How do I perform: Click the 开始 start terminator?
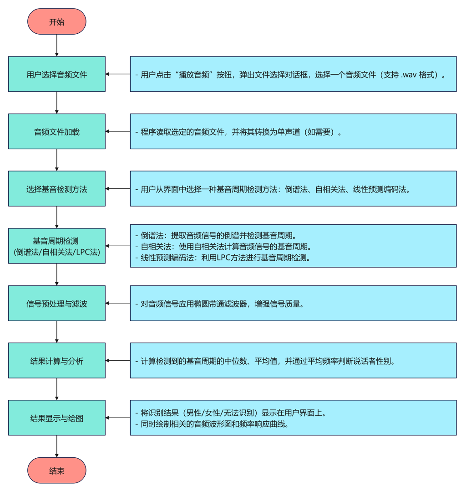57,21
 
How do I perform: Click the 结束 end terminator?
57,470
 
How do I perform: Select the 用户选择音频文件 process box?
57,74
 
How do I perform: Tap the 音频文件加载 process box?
57,132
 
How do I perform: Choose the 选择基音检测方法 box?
57,189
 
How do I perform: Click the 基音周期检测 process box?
57,246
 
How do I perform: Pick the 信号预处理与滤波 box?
57,303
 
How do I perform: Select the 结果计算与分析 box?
57,361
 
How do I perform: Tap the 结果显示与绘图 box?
57,418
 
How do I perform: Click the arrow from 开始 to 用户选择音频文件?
57,45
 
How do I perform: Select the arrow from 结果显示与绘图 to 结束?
57,446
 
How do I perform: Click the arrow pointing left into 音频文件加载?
118,131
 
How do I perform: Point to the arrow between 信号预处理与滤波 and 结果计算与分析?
57,332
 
